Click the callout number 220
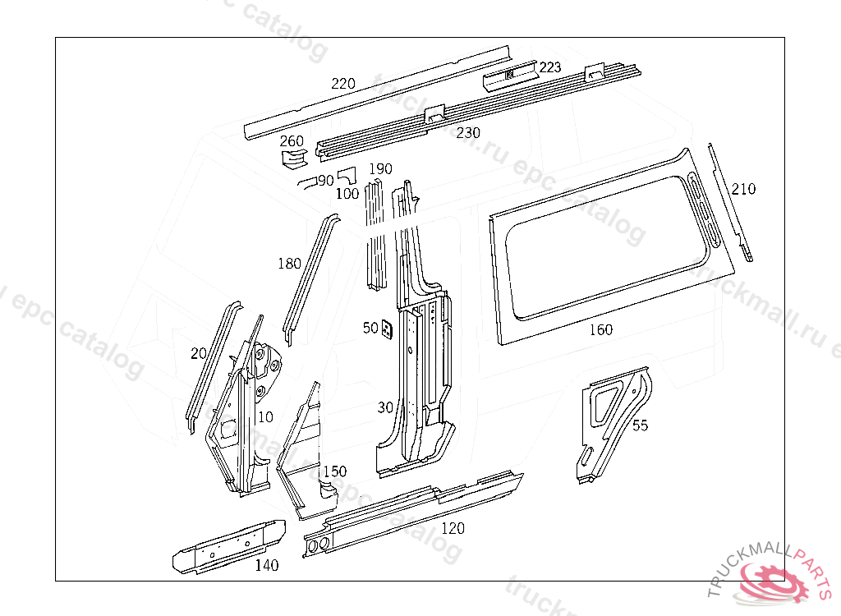click(343, 84)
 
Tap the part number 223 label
click(550, 67)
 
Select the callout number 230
click(468, 132)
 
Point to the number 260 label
click(292, 141)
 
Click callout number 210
click(743, 189)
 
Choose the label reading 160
click(601, 330)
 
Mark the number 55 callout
click(641, 425)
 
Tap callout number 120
click(453, 528)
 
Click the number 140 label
click(266, 565)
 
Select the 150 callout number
click(334, 471)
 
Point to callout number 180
click(289, 264)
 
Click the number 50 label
click(370, 328)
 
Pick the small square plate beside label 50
click(386, 330)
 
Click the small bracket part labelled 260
click(292, 158)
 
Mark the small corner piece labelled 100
click(347, 175)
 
